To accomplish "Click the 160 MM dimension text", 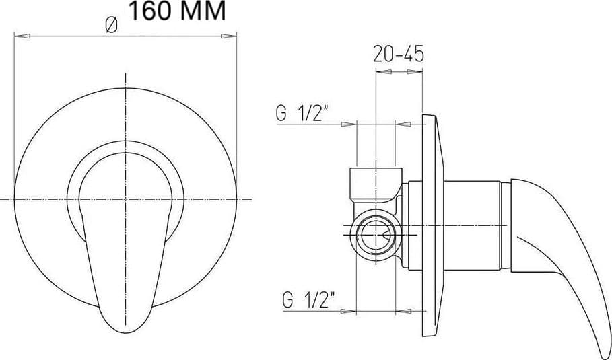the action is [x=177, y=11].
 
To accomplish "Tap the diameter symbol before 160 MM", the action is [x=112, y=26].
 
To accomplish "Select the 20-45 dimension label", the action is [x=398, y=54].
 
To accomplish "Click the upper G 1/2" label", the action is [x=301, y=114].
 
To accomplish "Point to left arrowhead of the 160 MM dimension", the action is [x=22, y=36].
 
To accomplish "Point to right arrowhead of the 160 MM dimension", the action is [x=229, y=36].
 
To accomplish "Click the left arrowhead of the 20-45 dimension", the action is [x=384, y=72].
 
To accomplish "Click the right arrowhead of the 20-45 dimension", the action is [x=415, y=72].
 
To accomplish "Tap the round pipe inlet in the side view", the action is [x=376, y=236].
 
